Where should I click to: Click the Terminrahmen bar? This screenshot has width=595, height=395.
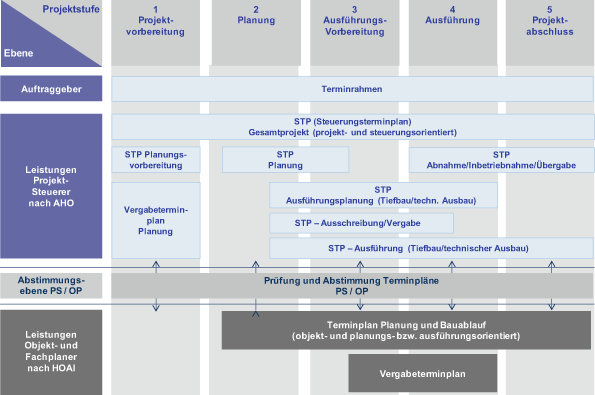pyautogui.click(x=354, y=89)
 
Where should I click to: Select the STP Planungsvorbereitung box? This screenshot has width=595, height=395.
pyautogui.click(x=156, y=160)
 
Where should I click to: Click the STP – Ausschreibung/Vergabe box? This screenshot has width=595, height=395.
pyautogui.click(x=362, y=223)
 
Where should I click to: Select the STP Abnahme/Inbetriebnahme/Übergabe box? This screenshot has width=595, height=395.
pyautogui.click(x=501, y=160)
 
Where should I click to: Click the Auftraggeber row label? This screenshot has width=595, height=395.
pyautogui.click(x=52, y=89)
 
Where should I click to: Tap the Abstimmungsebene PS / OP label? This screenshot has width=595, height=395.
pyautogui.click(x=52, y=286)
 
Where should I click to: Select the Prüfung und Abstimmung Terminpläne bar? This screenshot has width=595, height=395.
pyautogui.click(x=354, y=286)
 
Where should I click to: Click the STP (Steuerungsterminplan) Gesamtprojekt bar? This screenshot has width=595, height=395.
pyautogui.click(x=354, y=126)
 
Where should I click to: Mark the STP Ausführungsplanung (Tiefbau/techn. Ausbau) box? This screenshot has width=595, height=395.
pyautogui.click(x=383, y=194)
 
